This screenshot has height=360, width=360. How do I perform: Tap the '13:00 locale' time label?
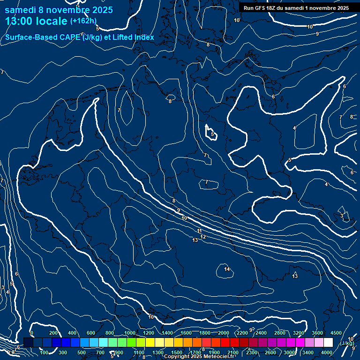[x=36, y=21]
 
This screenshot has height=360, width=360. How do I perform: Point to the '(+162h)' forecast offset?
[x=83, y=21]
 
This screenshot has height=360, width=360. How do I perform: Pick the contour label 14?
[x=227, y=269]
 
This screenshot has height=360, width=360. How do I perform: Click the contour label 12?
[x=203, y=237]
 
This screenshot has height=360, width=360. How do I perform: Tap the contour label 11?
[x=200, y=231]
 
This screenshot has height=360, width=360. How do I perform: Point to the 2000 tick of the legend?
[x=224, y=333]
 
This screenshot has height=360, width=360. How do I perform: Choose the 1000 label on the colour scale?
[x=129, y=333]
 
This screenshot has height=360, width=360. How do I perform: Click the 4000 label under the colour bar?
[x=327, y=352]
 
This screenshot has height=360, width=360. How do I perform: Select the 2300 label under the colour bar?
[x=251, y=352]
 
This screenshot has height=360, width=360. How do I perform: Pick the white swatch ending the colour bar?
[x=328, y=343]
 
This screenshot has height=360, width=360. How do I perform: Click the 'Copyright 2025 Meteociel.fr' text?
[x=200, y=357]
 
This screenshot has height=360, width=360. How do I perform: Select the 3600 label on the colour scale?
[x=317, y=333]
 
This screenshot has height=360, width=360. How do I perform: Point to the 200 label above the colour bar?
[x=53, y=333]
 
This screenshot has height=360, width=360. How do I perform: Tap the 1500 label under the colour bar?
[x=176, y=352]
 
